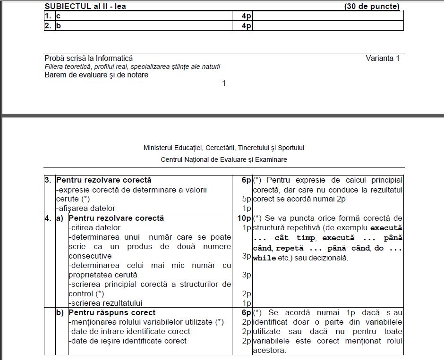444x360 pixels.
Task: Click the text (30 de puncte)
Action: (x=372, y=6)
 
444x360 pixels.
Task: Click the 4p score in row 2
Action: (x=246, y=26)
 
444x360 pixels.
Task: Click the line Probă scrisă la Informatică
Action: (x=88, y=59)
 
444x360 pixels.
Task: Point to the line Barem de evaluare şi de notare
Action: (x=96, y=75)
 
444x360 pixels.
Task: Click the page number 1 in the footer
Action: (x=224, y=84)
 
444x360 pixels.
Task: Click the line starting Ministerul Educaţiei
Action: (x=224, y=148)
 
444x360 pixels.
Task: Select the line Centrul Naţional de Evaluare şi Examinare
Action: (x=224, y=159)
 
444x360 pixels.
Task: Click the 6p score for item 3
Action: (x=246, y=180)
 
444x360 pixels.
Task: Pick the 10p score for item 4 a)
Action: (x=244, y=218)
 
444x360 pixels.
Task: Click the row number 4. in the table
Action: (x=48, y=218)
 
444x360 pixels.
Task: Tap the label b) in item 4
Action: (x=60, y=313)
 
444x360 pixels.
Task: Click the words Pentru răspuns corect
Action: (x=112, y=313)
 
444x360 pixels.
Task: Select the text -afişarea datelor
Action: (x=85, y=209)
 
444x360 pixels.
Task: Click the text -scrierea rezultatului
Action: (x=105, y=303)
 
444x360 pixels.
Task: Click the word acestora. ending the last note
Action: (x=269, y=351)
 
